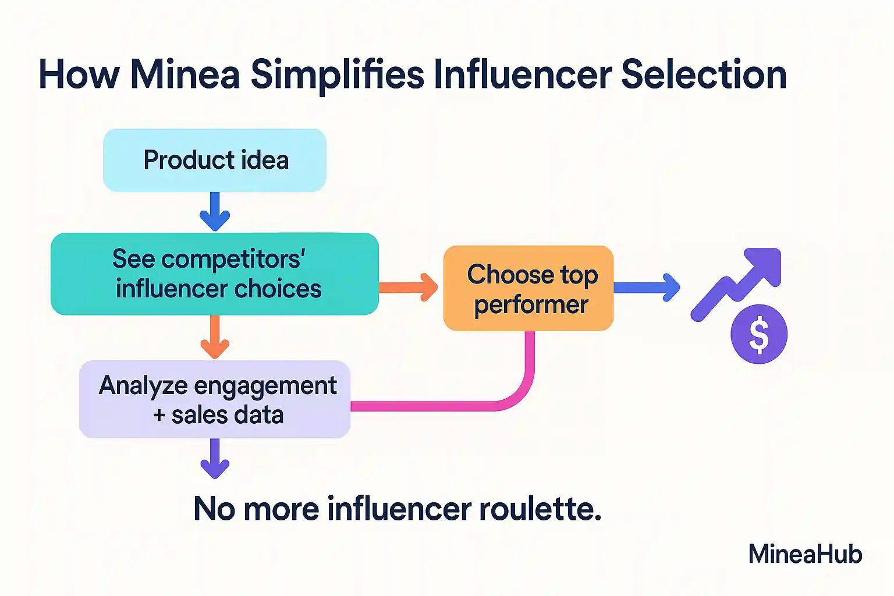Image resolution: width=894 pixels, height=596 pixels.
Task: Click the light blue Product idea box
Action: pos(215,160)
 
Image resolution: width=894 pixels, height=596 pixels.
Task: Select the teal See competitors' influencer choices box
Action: pos(215,274)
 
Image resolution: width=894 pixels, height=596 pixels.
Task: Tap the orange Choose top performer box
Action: pos(528,288)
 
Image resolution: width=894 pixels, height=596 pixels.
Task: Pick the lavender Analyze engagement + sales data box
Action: pos(215,399)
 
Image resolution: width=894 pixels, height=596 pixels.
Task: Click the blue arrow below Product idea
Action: pos(215,212)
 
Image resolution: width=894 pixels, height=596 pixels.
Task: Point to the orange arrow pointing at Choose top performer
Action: pos(408,287)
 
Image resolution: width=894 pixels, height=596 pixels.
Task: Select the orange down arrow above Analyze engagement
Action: pos(215,338)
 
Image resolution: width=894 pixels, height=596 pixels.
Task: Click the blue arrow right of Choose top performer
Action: pos(647,288)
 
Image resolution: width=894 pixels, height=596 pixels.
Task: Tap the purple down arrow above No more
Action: pos(215,459)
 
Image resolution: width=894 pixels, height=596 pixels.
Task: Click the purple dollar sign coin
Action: pos(759,334)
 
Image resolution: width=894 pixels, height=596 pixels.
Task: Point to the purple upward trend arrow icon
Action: pos(737,284)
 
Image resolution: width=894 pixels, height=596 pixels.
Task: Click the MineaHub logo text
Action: pos(805,554)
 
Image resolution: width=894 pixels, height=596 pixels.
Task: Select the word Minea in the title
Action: pos(185,74)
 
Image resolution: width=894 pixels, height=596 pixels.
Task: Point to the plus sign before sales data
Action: pos(159,415)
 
